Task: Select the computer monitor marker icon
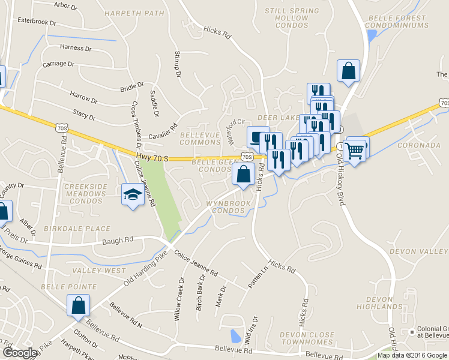click(258, 137)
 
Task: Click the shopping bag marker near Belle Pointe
click(79, 305)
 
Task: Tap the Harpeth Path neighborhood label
click(133, 13)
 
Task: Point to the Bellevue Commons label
click(200, 139)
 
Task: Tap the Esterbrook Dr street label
click(36, 22)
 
